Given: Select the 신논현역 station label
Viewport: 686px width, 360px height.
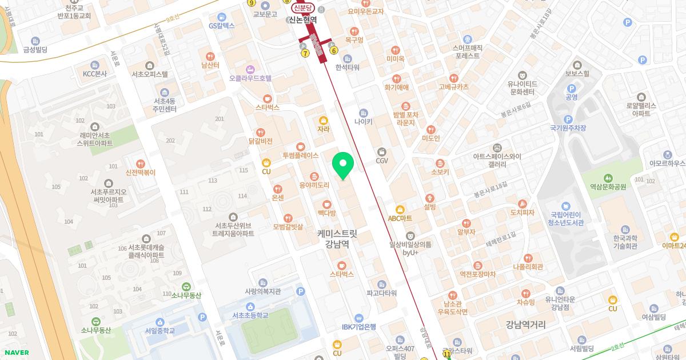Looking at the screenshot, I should point(302,19).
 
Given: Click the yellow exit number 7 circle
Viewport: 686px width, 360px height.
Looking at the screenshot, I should point(305,53).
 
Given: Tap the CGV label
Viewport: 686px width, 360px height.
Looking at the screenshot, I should point(382,161).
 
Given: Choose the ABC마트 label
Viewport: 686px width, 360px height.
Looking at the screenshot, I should point(400,218).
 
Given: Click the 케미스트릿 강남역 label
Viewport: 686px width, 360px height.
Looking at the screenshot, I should point(337,238).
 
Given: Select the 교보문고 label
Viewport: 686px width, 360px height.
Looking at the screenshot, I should point(265,14).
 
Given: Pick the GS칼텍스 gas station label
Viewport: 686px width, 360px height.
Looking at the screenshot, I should point(222,26).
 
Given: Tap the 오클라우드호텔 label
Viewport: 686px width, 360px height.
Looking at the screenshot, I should point(250,78).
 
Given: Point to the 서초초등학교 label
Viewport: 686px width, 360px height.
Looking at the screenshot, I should point(250,315).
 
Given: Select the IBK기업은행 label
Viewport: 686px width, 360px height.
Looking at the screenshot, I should point(359,327).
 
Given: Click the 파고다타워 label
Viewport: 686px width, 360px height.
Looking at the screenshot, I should point(382,293).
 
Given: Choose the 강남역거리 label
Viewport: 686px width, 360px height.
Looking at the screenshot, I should point(525,325).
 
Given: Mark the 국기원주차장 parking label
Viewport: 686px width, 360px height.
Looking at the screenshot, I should point(568,128).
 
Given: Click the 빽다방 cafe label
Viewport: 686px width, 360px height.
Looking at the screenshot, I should point(326,212).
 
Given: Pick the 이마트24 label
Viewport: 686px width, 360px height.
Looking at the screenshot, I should point(674,245).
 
